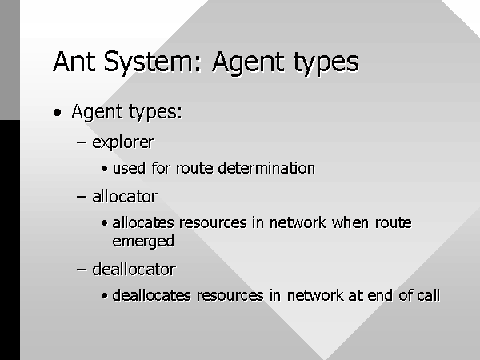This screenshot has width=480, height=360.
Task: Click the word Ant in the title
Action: [x=74, y=62]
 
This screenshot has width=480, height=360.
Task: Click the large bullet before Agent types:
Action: [x=58, y=112]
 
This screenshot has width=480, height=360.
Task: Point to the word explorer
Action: [x=123, y=142]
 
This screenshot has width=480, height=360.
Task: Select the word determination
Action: [x=266, y=168]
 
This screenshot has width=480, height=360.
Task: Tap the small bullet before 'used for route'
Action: [x=104, y=169]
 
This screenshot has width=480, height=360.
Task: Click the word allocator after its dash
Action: [x=125, y=197]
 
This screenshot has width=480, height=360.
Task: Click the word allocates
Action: [x=143, y=222]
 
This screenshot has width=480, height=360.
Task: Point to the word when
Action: [x=350, y=222]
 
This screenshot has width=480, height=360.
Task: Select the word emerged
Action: [x=143, y=242]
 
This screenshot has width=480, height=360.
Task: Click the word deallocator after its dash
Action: [x=134, y=270]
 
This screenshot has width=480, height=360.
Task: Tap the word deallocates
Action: [x=151, y=295]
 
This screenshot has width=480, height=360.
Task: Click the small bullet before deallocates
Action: [x=104, y=296]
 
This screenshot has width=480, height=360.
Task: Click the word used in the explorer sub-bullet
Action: [x=129, y=168]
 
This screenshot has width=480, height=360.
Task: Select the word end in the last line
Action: [x=380, y=295]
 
